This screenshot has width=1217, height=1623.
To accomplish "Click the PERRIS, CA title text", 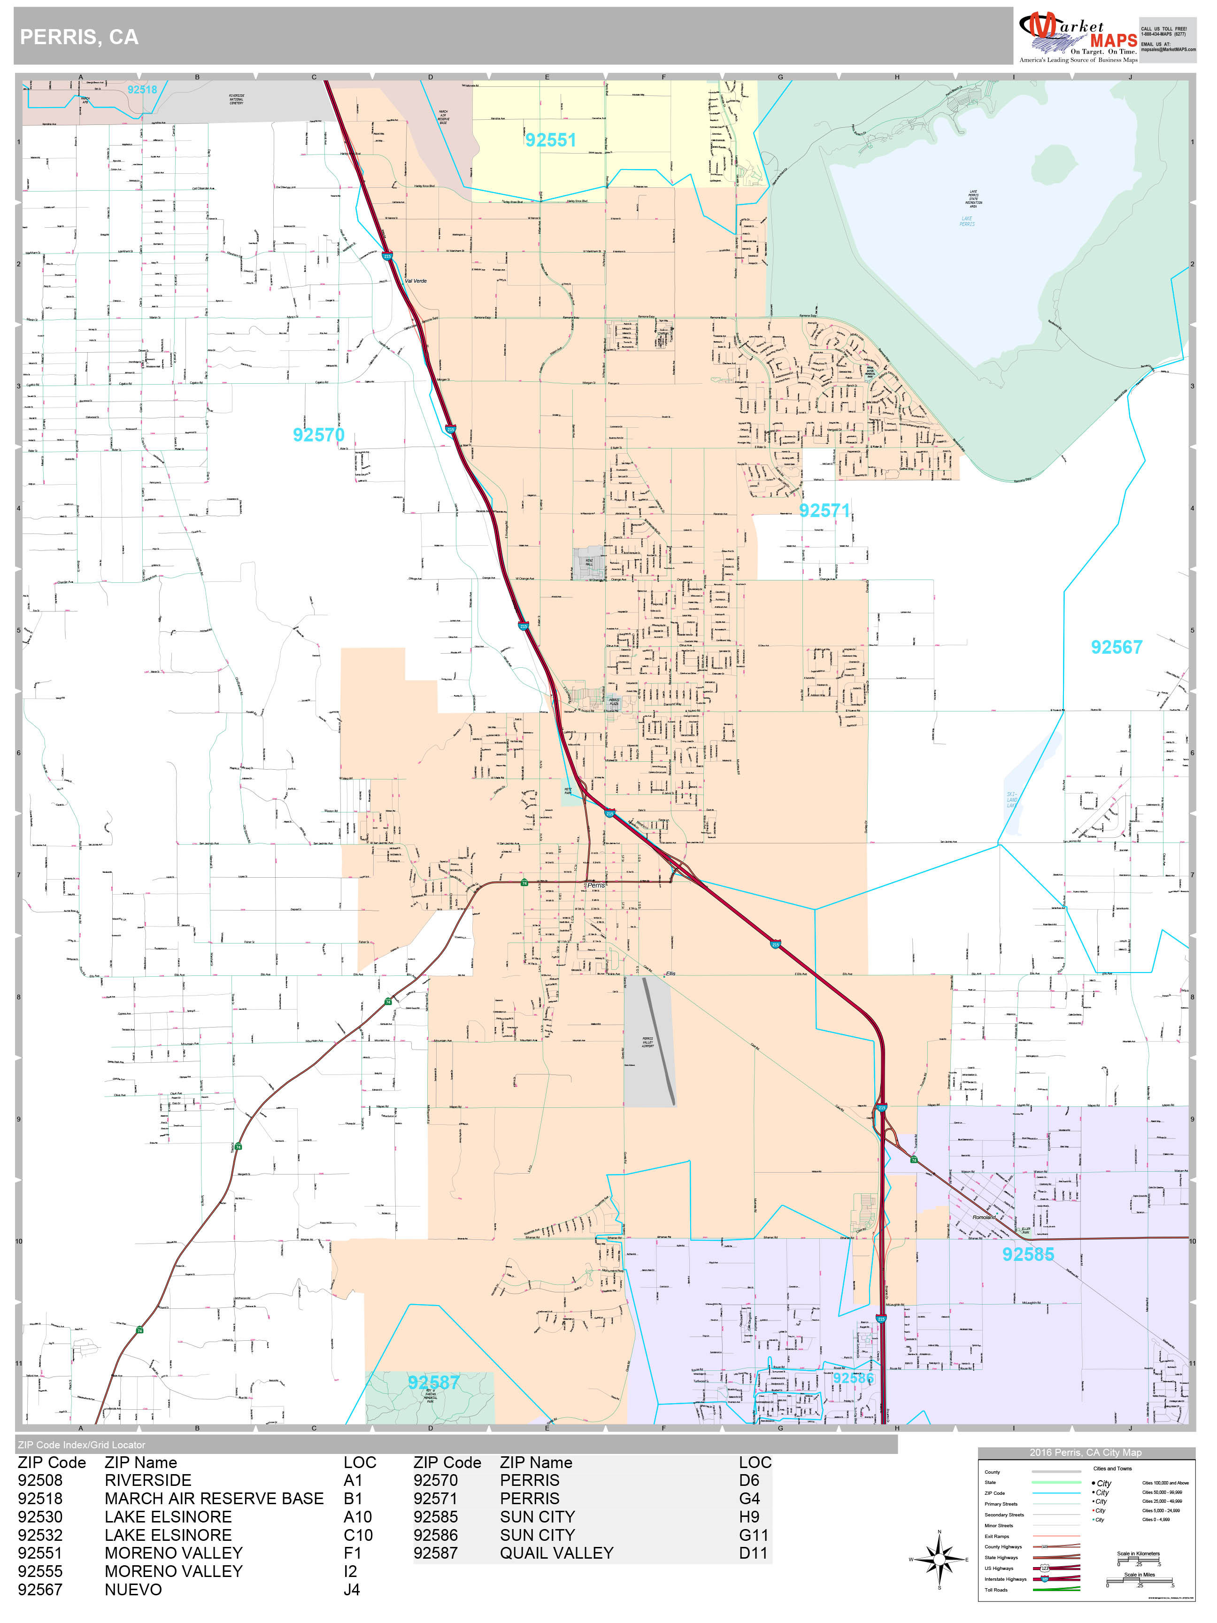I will pyautogui.click(x=79, y=38).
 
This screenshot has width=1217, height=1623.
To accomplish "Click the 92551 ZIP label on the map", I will pyautogui.click(x=550, y=140).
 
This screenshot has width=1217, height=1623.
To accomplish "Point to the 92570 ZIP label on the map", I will pyautogui.click(x=318, y=435).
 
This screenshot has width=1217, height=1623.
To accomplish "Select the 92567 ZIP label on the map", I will pyautogui.click(x=1116, y=647).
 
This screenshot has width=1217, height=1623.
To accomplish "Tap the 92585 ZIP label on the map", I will pyautogui.click(x=1028, y=1255).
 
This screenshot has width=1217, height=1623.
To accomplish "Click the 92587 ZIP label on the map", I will pyautogui.click(x=433, y=1383).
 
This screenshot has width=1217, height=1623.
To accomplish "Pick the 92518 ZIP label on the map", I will pyautogui.click(x=142, y=90).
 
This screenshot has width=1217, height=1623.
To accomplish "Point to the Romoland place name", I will pyautogui.click(x=984, y=1217).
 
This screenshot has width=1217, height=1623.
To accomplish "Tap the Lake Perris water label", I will pyautogui.click(x=967, y=221).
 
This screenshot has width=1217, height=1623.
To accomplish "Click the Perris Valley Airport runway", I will pyautogui.click(x=659, y=1042).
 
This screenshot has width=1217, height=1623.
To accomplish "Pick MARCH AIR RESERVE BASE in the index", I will pyautogui.click(x=214, y=1498).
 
